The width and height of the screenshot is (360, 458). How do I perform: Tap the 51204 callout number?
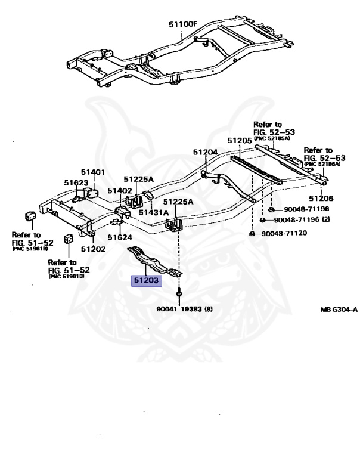pos(205,152)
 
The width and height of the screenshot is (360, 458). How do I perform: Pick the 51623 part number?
pos(76,183)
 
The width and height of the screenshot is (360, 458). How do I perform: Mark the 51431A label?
pos(154,212)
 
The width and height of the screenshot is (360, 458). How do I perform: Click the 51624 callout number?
pos(120,237)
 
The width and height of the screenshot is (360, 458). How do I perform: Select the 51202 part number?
pos(93,249)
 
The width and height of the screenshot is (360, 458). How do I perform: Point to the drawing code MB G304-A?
pos(337,309)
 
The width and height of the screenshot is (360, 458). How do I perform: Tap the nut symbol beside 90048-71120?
pos(253,233)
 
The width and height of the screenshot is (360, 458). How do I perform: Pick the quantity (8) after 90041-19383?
pos(208,309)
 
